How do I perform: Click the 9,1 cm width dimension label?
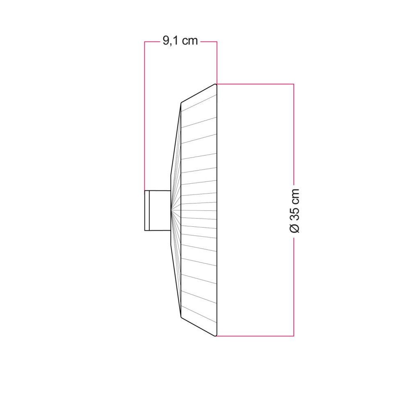pyautogui.click(x=180, y=41)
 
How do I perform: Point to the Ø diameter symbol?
pyautogui.click(x=294, y=228)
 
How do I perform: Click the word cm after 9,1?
pyautogui.click(x=189, y=41)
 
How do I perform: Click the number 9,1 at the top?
pyautogui.click(x=171, y=41)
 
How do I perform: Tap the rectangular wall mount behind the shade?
pyautogui.click(x=157, y=210)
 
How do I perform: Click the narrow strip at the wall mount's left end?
pyautogui.click(x=147, y=210)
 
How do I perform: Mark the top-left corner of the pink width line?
pyautogui.click(x=145, y=42)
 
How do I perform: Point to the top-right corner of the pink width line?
pyautogui.click(x=217, y=42)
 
